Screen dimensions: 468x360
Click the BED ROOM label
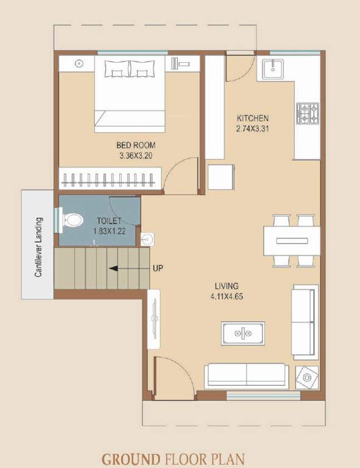click(136, 145)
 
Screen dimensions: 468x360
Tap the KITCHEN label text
click(253, 118)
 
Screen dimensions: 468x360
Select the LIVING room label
click(226, 286)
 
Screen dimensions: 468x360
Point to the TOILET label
click(109, 221)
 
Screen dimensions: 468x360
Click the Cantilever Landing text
click(38, 247)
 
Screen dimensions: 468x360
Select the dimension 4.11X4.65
click(226, 297)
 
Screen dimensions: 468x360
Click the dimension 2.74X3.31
click(252, 129)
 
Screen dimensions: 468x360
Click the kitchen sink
click(272, 68)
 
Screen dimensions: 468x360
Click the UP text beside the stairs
click(157, 268)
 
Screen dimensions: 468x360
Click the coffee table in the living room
click(242, 333)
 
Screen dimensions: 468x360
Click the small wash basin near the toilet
click(146, 239)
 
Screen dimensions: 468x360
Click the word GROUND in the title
click(130, 458)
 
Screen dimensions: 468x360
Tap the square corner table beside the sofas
click(306, 378)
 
